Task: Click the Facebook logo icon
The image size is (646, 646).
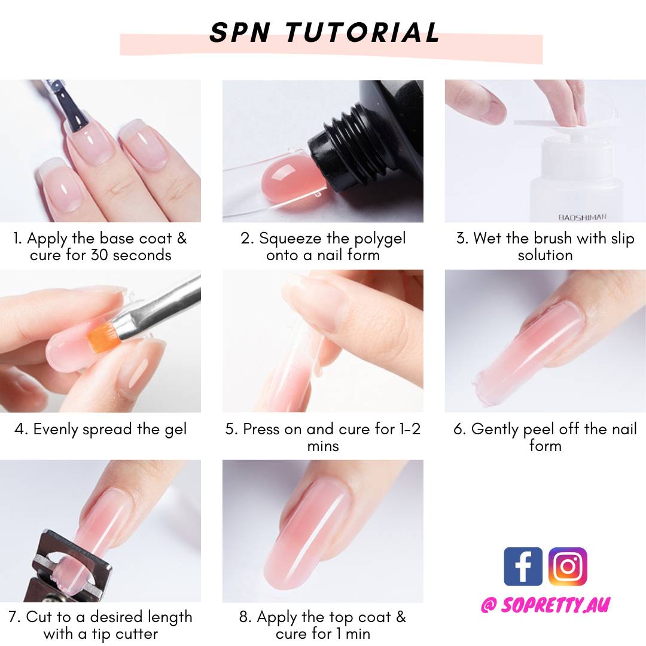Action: (523, 566)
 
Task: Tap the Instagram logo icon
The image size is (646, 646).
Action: (568, 566)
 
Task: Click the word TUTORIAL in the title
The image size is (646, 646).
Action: (362, 32)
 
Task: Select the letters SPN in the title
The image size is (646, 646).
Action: (240, 32)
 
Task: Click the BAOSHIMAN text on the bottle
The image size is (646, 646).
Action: (582, 217)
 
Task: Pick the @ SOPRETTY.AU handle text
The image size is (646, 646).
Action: (545, 605)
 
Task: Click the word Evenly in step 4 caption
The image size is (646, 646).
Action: (56, 429)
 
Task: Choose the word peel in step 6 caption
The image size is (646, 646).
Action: (539, 429)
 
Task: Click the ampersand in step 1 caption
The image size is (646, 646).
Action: (182, 239)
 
